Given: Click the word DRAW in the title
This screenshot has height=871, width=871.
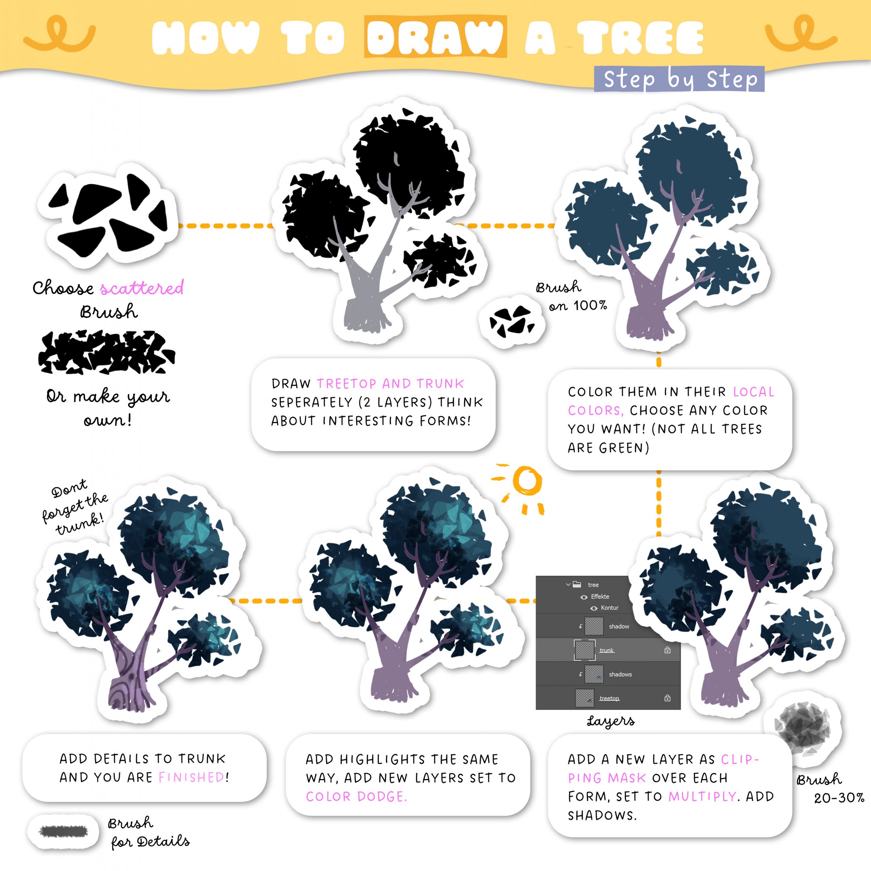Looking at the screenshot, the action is (435, 37).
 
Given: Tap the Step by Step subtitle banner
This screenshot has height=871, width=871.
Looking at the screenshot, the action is (679, 79).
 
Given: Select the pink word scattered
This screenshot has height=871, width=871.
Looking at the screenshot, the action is (142, 287).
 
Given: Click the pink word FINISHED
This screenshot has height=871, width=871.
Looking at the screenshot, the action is (191, 777).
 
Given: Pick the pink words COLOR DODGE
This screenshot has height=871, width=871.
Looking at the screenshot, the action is (356, 796).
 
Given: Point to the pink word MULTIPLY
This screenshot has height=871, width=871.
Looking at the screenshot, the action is (702, 796).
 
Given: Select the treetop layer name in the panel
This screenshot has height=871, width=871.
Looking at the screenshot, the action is (609, 699).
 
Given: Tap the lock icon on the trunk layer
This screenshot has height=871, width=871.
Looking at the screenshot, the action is (667, 650).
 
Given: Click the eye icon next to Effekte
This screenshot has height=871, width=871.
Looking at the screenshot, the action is (584, 597).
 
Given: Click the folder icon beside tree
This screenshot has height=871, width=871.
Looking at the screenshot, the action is (577, 584).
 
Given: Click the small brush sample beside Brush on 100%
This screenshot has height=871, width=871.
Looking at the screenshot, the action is (512, 321).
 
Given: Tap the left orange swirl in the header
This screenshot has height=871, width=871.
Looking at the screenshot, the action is (60, 34).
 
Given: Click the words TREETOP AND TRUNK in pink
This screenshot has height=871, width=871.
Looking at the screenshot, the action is (390, 384).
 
